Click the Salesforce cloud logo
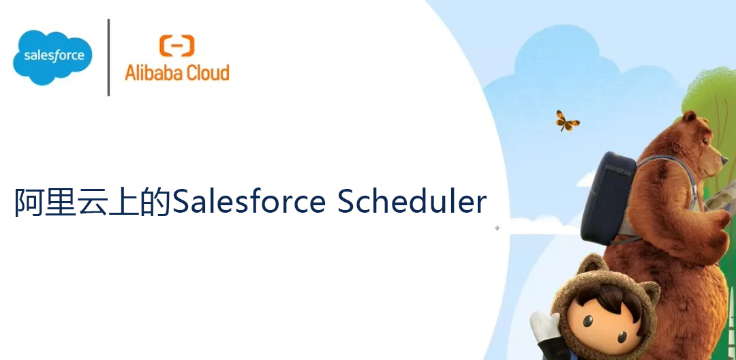[52, 57]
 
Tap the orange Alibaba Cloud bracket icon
[177, 46]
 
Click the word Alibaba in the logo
[151, 72]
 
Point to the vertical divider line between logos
[108, 57]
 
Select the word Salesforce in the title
[249, 202]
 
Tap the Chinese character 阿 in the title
[29, 202]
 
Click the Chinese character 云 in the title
[93, 202]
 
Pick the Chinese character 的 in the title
[155, 202]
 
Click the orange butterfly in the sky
[567, 121]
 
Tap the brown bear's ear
[689, 117]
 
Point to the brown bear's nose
[724, 160]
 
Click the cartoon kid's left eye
[587, 321]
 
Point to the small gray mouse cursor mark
[497, 228]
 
